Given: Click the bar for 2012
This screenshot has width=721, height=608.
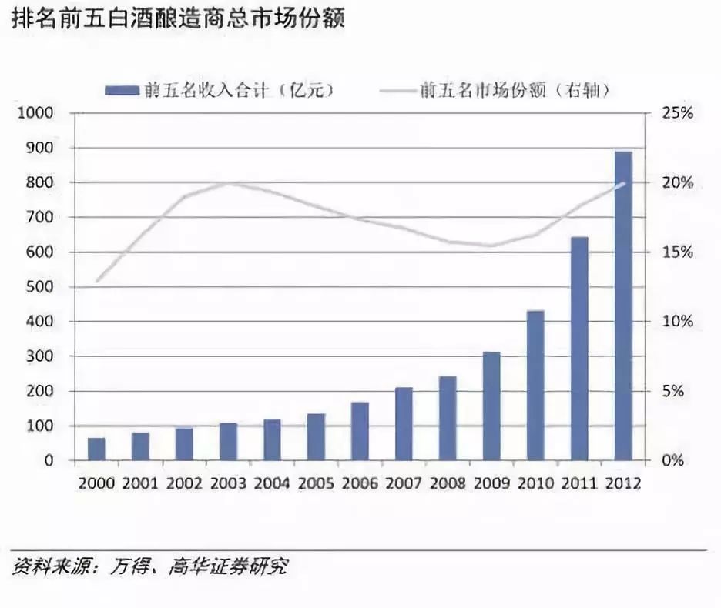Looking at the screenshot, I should (623, 306).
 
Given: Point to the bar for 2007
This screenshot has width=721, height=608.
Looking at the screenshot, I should (404, 424).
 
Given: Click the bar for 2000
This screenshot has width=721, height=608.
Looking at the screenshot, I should (96, 449).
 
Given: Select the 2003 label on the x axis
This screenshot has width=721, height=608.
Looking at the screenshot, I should (228, 483).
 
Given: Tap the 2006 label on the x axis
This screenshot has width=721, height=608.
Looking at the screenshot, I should (360, 483).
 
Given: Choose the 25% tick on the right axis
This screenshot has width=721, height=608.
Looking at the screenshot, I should (678, 113).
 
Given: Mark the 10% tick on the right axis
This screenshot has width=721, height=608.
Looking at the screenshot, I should (678, 322).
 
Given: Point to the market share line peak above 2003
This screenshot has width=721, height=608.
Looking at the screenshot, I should (229, 183).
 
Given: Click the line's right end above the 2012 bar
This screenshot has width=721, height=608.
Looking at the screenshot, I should (623, 184).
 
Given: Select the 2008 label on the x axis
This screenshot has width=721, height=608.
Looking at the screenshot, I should (448, 483).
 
